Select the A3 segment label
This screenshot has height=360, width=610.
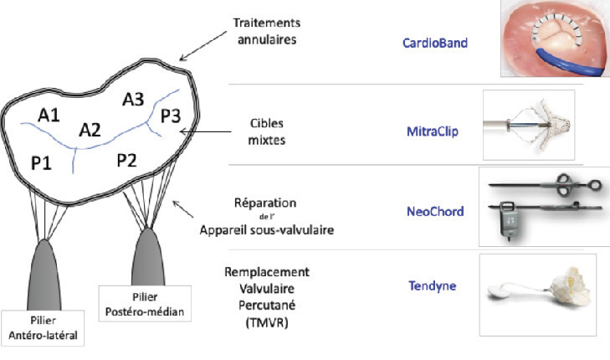134,100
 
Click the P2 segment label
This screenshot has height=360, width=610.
128,160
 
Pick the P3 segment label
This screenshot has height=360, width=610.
172,116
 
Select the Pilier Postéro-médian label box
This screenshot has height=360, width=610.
143,305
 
